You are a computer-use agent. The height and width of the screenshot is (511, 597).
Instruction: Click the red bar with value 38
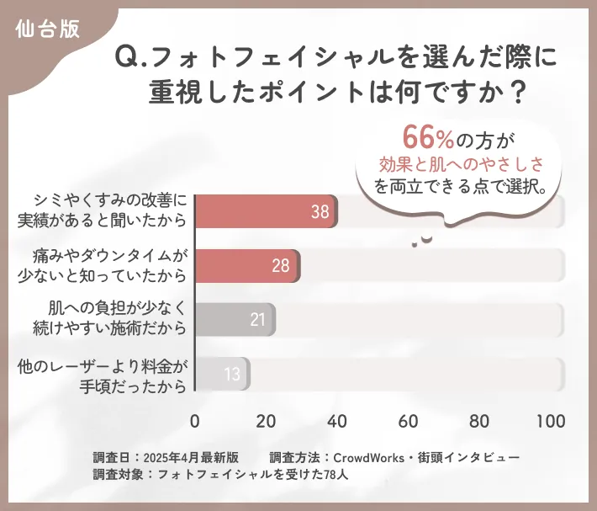(266, 211)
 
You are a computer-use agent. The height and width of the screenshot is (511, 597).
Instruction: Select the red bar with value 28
(247, 266)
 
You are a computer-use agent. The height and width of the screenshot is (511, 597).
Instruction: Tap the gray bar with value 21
(235, 320)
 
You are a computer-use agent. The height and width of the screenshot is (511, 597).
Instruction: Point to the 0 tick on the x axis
(195, 421)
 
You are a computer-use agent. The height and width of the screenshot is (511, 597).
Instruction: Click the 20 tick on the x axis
(267, 421)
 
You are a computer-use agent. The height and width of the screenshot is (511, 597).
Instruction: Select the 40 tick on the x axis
(337, 421)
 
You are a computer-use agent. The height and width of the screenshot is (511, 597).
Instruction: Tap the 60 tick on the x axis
(409, 421)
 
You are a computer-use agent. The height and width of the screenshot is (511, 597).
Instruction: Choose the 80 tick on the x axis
(479, 421)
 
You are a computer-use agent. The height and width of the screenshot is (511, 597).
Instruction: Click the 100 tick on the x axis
(550, 421)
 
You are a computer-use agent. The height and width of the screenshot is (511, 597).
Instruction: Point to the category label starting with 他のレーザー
(107, 374)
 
